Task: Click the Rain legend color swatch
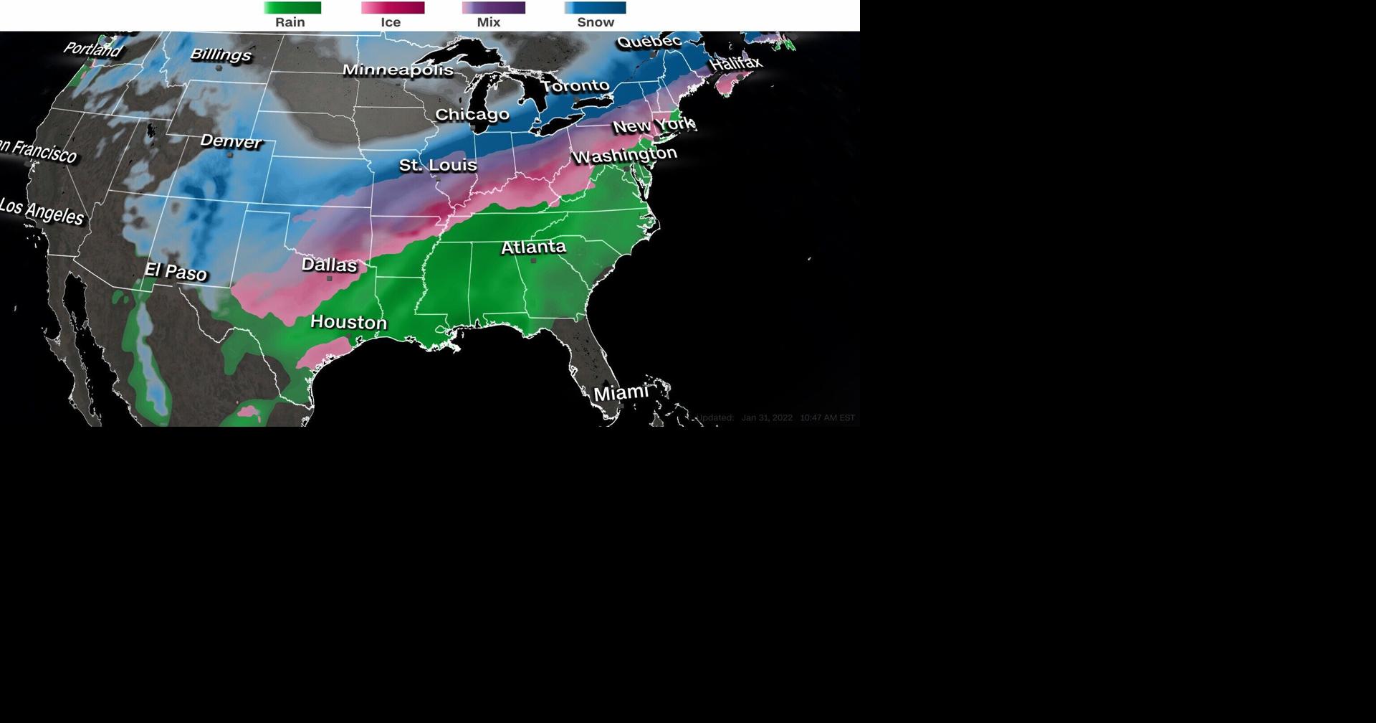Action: click(292, 8)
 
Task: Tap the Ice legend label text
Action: click(391, 22)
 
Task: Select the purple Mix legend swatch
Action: click(494, 8)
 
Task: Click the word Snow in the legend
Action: click(596, 22)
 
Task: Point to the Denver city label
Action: click(231, 141)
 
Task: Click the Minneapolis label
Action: click(398, 70)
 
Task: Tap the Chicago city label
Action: click(472, 115)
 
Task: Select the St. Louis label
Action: click(438, 165)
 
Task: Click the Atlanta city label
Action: click(533, 247)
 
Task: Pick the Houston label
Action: click(348, 322)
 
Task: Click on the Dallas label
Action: click(329, 265)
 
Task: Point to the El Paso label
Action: click(176, 271)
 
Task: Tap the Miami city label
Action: click(621, 393)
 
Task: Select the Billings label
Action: click(221, 55)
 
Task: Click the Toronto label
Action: click(575, 86)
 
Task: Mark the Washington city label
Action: click(624, 155)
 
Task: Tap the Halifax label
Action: click(736, 63)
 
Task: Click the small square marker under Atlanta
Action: click(533, 261)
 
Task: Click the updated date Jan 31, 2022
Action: click(767, 417)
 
